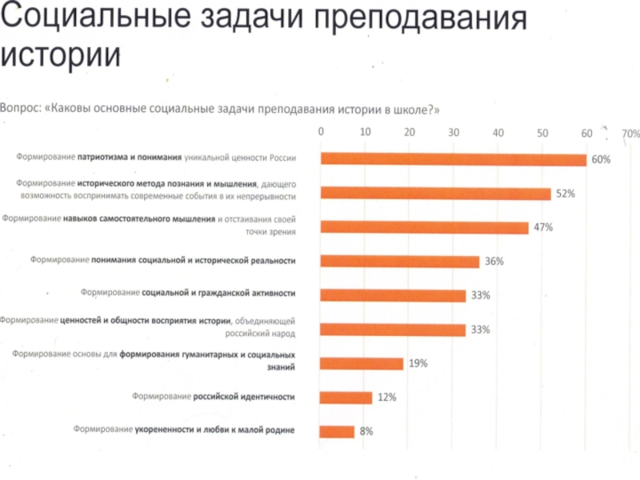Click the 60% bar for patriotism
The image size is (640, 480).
(453, 159)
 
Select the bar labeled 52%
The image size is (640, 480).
(435, 194)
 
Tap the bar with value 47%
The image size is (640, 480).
(424, 228)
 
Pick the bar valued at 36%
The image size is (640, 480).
(399, 262)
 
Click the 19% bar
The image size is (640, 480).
(362, 364)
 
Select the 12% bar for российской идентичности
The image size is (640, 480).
(346, 398)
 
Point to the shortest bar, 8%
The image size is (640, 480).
(337, 432)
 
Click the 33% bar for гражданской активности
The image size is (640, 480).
(393, 296)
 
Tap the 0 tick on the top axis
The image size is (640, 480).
(321, 132)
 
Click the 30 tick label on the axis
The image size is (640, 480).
(454, 132)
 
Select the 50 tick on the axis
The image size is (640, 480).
(542, 132)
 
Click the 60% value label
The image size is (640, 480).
(601, 160)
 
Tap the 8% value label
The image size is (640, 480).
(366, 432)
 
